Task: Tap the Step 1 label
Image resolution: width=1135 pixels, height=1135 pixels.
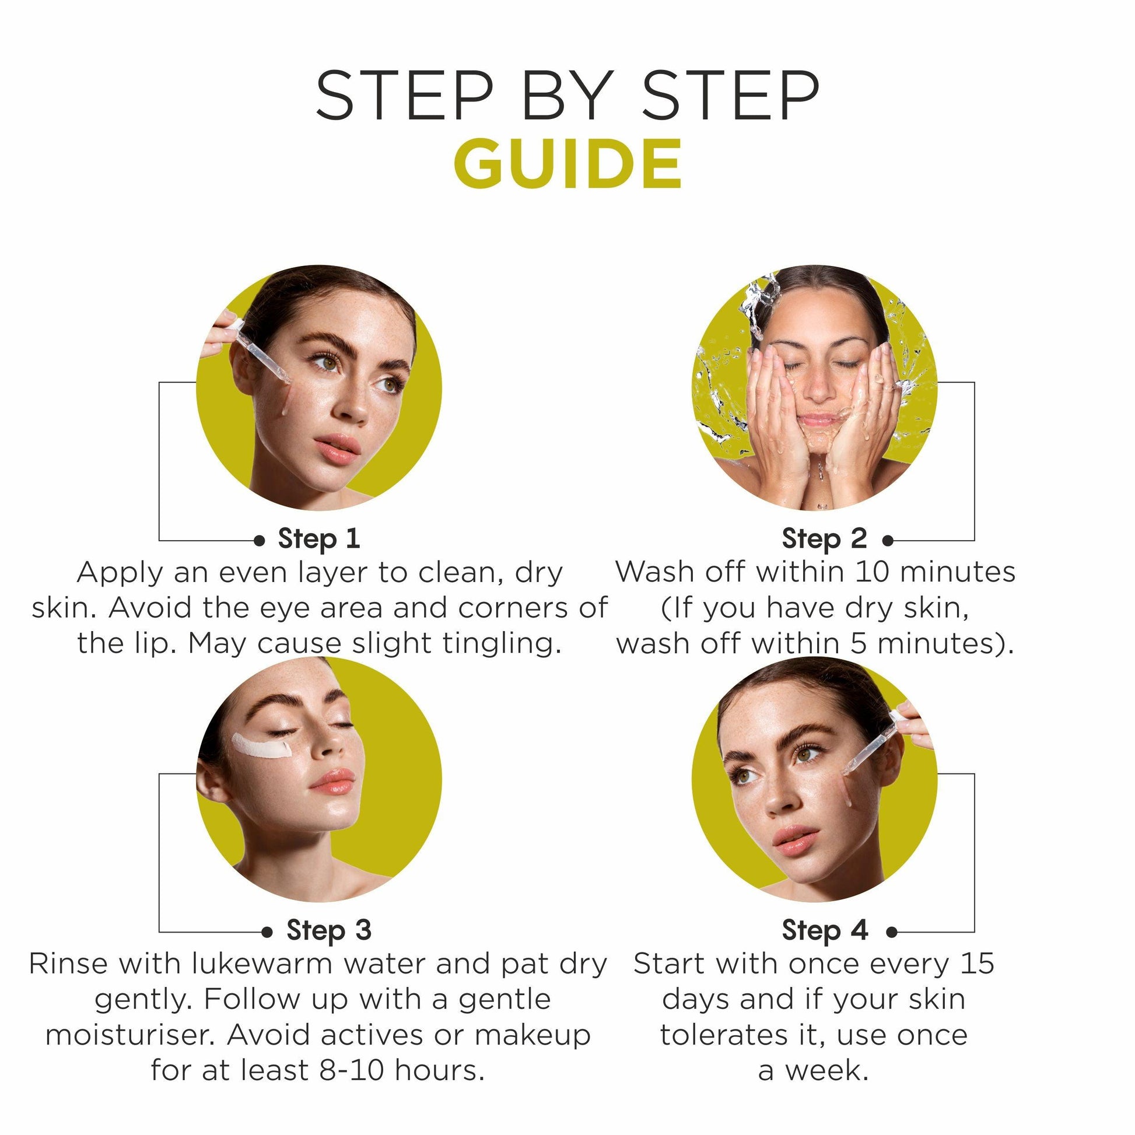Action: click(x=319, y=540)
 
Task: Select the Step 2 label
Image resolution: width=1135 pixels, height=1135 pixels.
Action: click(x=824, y=540)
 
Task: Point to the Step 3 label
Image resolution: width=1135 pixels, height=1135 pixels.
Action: click(x=329, y=930)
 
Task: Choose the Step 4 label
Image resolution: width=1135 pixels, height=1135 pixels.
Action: click(x=825, y=930)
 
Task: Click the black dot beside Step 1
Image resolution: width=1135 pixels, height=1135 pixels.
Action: click(x=259, y=541)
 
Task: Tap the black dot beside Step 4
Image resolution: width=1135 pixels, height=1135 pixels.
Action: click(x=892, y=931)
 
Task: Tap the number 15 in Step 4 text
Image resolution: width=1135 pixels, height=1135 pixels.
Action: click(x=978, y=964)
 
